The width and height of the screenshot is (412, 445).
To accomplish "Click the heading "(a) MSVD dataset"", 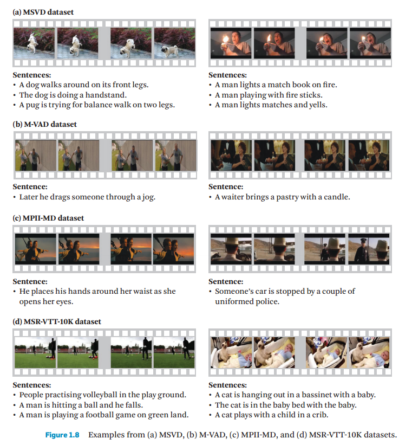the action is tap(43, 12).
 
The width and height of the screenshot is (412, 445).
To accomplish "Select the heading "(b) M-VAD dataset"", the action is tap(45, 124).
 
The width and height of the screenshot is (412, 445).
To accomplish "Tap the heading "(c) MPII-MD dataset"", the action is tap(48, 218).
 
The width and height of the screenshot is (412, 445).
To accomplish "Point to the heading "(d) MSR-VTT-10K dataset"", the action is tap(57, 321).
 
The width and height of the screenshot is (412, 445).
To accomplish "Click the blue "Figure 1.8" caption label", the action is tap(62, 435).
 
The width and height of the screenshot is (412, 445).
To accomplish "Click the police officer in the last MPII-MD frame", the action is tap(363, 250).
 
